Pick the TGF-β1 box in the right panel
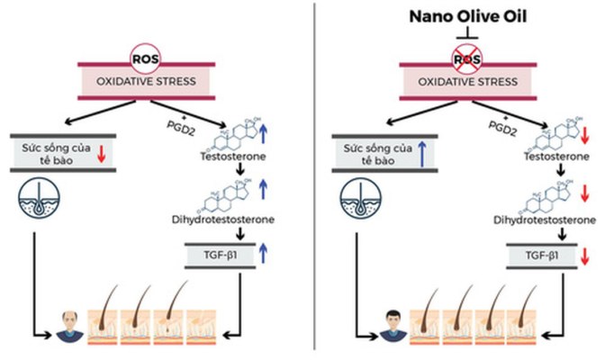tap(541, 256)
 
